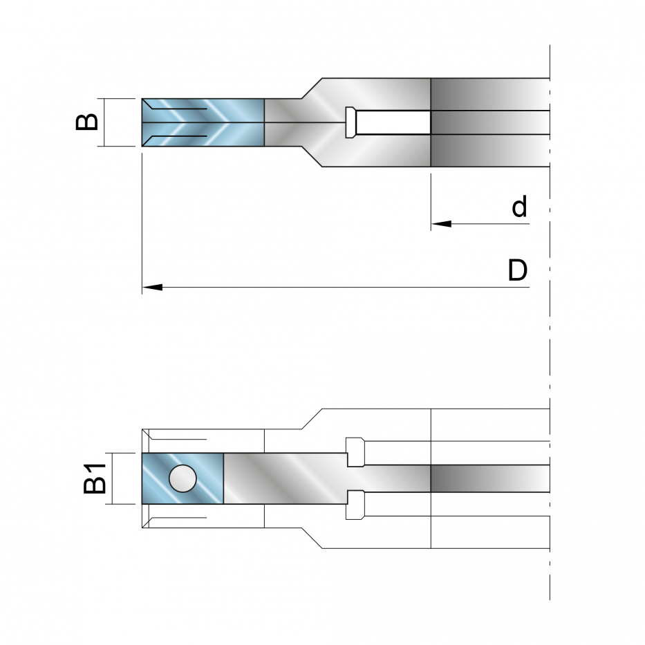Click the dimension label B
tap(87, 122)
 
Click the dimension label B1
tap(95, 478)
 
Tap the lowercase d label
tap(519, 207)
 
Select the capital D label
tap(518, 270)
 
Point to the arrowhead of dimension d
tap(441, 224)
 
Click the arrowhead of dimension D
tap(152, 287)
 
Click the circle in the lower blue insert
tap(183, 478)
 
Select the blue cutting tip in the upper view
tap(203, 122)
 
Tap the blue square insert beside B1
tap(183, 478)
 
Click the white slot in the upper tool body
tap(393, 122)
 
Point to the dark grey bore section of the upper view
tap(490, 122)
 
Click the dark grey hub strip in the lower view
tap(490, 478)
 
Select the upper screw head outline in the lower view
tap(355, 451)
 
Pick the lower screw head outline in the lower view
tap(355, 505)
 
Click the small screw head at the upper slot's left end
tap(351, 122)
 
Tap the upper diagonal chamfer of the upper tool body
tap(312, 88)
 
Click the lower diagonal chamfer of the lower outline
tap(312, 538)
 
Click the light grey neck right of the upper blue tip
tap(284, 122)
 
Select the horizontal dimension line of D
tap(336, 287)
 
